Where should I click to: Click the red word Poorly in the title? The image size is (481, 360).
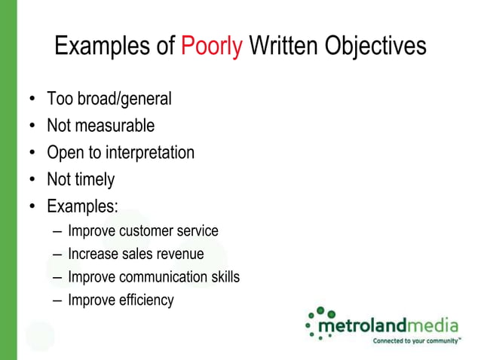click(x=211, y=47)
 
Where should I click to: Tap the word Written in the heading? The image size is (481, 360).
click(x=283, y=47)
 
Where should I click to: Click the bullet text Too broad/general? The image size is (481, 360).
click(x=109, y=99)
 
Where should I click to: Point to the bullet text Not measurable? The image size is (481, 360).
click(x=100, y=126)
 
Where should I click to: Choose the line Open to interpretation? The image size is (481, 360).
click(x=121, y=153)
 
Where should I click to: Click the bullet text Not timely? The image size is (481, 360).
click(x=81, y=179)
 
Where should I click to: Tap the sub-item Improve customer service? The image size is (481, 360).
click(x=142, y=230)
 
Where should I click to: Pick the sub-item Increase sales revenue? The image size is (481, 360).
click(x=136, y=254)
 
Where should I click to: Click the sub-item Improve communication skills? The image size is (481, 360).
click(x=154, y=277)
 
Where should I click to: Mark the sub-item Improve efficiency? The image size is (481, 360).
click(x=121, y=301)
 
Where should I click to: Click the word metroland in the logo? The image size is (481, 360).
click(x=362, y=326)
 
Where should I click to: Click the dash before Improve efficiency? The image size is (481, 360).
click(x=57, y=301)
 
